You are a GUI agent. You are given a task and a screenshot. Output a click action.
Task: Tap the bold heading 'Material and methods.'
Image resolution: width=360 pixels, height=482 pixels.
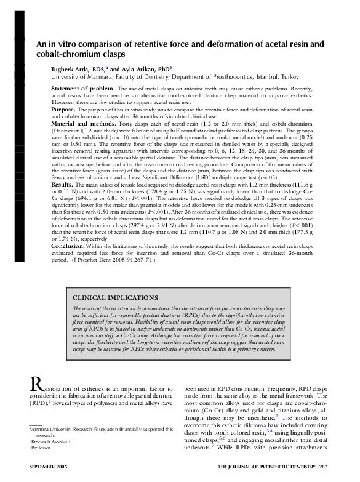81,124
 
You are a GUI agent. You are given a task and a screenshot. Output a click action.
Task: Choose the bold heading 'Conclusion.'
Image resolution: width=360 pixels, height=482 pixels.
68,262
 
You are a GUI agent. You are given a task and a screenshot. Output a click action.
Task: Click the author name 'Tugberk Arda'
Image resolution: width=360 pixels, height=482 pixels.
72,70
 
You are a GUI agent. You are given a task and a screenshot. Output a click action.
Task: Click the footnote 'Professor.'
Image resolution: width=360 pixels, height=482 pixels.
43,448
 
